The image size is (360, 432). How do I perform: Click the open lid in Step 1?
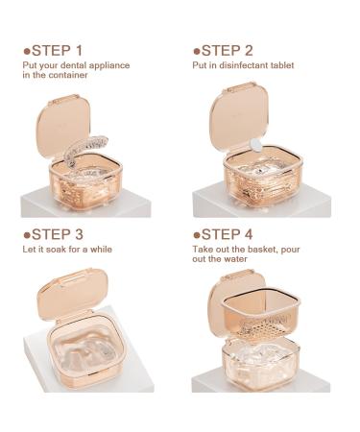pos(60,120)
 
